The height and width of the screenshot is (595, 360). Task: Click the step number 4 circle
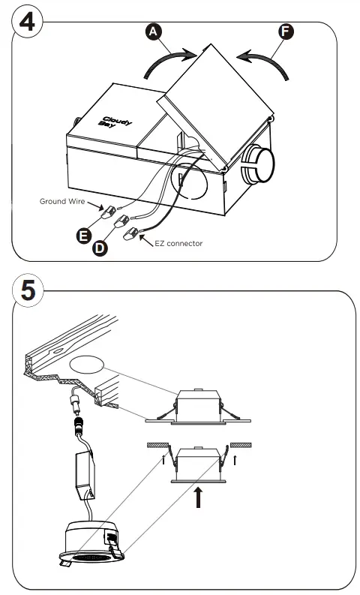pos(25,21)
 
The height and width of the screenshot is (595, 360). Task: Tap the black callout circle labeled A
pos(153,31)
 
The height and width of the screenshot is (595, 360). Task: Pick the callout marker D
pos(100,248)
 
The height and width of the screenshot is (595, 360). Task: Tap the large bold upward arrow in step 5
pos(198,497)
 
